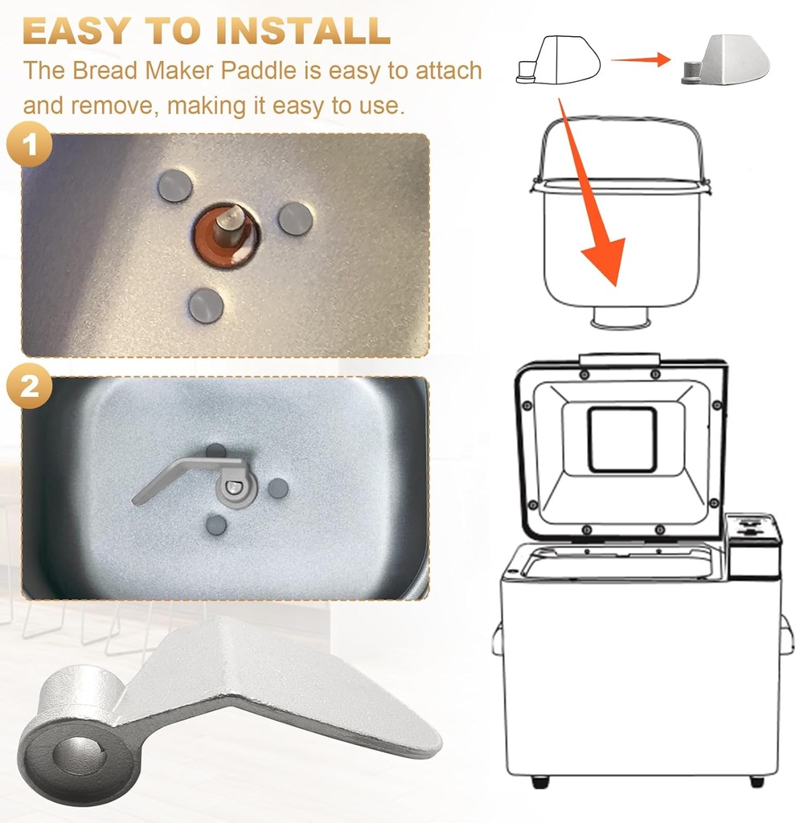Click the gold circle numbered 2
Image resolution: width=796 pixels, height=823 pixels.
click(x=30, y=386)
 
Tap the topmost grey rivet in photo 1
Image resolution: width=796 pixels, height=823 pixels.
click(x=174, y=186)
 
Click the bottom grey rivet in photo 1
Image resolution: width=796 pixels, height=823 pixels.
click(x=205, y=306)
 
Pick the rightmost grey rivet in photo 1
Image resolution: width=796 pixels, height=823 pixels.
click(x=295, y=219)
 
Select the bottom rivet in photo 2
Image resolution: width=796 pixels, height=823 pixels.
click(x=216, y=526)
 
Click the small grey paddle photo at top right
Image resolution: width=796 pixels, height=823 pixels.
click(x=724, y=60)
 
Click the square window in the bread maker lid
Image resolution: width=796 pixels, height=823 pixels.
click(x=622, y=439)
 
